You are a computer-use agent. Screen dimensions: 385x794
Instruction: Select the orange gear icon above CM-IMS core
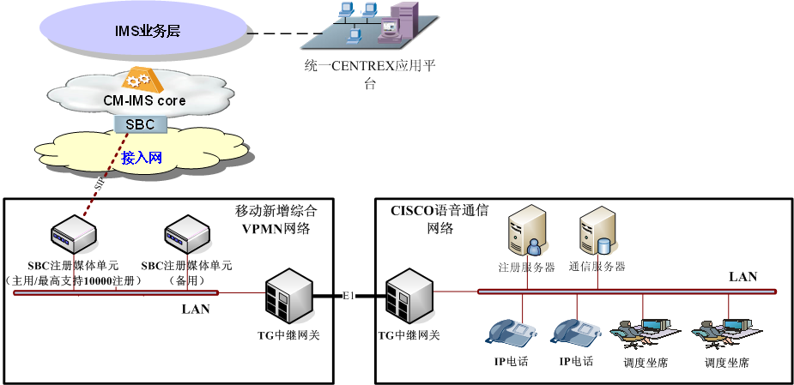136,81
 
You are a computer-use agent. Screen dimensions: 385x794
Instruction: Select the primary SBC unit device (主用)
74,231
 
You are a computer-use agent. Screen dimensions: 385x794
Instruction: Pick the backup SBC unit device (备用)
187,231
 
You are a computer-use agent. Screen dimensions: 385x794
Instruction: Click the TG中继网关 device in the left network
288,297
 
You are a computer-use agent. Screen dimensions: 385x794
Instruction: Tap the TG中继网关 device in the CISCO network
408,297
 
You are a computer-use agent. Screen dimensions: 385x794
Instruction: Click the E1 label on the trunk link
348,293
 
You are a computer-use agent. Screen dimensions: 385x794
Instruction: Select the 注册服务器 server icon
526,230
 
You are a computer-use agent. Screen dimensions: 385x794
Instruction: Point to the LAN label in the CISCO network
742,277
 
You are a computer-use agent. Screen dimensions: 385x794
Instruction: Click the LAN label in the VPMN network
196,309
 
